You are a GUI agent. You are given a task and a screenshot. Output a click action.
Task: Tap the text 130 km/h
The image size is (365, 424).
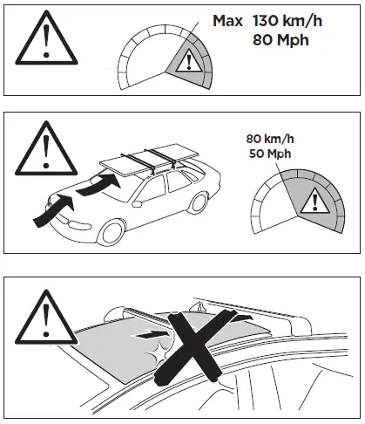pyautogui.click(x=288, y=19)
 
